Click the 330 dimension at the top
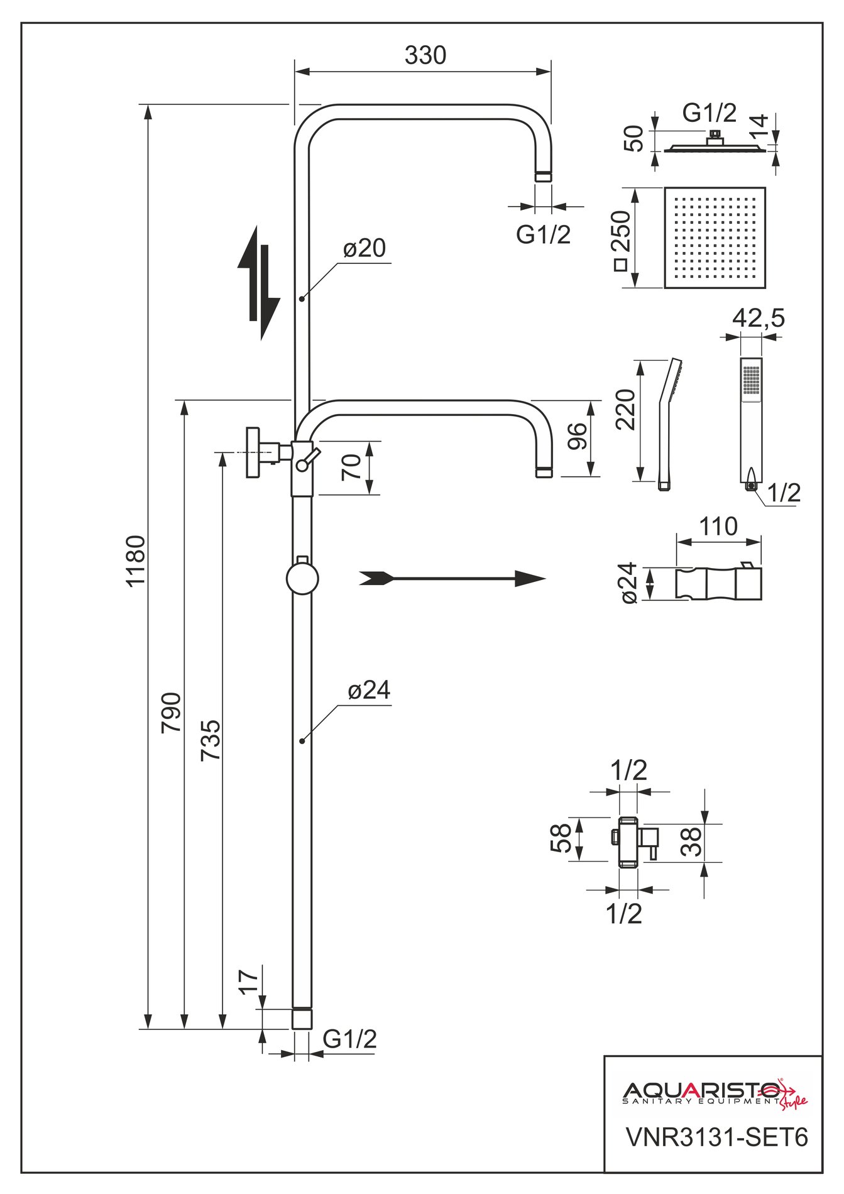coord(425,56)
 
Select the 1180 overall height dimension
coord(136,560)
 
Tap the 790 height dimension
coord(172,712)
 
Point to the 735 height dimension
coord(211,740)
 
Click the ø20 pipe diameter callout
coord(364,249)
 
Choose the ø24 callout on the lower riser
coord(369,691)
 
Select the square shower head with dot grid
coord(715,238)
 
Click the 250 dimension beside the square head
coord(622,239)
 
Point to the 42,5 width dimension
coord(758,318)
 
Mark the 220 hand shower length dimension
coord(626,409)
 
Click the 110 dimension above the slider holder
coord(718,526)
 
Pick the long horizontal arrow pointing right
coord(452,578)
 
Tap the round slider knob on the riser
coord(302,579)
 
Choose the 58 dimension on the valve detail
coord(561,838)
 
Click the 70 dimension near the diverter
coord(353,467)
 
